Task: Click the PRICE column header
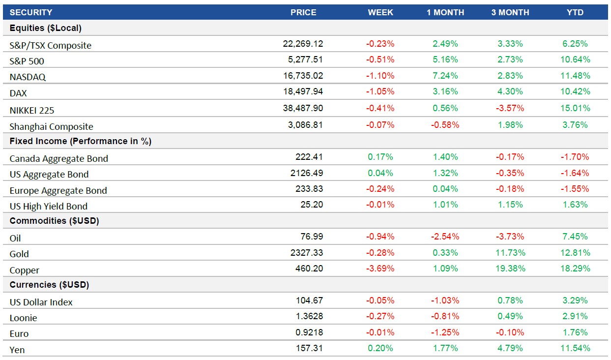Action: click(x=303, y=12)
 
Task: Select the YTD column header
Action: click(x=575, y=12)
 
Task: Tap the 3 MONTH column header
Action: click(x=510, y=12)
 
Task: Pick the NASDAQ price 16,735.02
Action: click(x=303, y=76)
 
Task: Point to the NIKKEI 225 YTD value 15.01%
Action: click(x=575, y=108)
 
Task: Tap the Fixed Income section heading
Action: click(x=81, y=141)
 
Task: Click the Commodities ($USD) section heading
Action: click(x=54, y=221)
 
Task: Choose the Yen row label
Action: click(x=17, y=350)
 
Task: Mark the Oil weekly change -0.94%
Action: click(x=380, y=237)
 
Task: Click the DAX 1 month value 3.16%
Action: click(x=445, y=91)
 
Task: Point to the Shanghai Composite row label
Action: click(x=51, y=126)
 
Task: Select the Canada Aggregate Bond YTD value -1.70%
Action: click(x=575, y=157)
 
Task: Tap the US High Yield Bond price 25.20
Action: click(x=312, y=205)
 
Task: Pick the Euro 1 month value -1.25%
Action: click(x=445, y=332)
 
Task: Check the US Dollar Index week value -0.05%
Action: click(x=380, y=300)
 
